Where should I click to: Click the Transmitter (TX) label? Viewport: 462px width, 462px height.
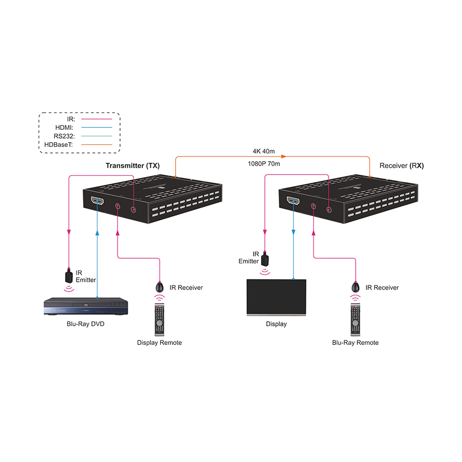click(132, 166)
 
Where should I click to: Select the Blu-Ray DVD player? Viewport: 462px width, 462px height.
click(86, 307)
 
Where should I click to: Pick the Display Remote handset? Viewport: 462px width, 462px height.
click(159, 318)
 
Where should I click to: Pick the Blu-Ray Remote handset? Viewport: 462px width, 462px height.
click(355, 318)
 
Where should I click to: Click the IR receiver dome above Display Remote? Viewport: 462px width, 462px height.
click(160, 286)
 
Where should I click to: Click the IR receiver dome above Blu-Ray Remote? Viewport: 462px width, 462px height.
click(355, 286)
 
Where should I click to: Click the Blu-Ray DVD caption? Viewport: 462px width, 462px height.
click(86, 324)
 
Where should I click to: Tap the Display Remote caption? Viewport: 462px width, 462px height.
click(159, 342)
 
